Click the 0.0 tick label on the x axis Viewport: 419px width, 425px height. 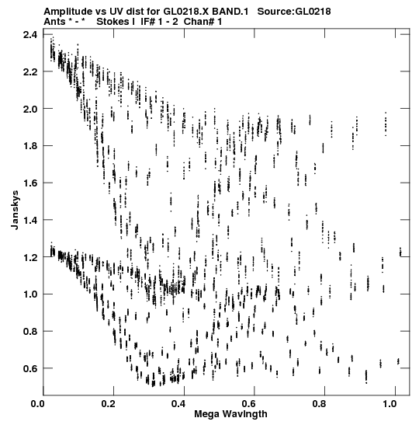coord(37,404)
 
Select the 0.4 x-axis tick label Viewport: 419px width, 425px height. coord(178,404)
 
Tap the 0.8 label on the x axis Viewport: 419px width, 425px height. coord(320,404)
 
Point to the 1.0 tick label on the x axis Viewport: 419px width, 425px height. coord(390,404)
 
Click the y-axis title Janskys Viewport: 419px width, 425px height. coord(15,210)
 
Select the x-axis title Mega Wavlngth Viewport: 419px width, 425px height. coord(230,414)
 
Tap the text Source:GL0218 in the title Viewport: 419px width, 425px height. coord(294,12)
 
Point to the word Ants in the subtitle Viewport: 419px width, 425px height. coord(54,22)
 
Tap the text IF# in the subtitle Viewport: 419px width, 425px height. coord(148,22)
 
